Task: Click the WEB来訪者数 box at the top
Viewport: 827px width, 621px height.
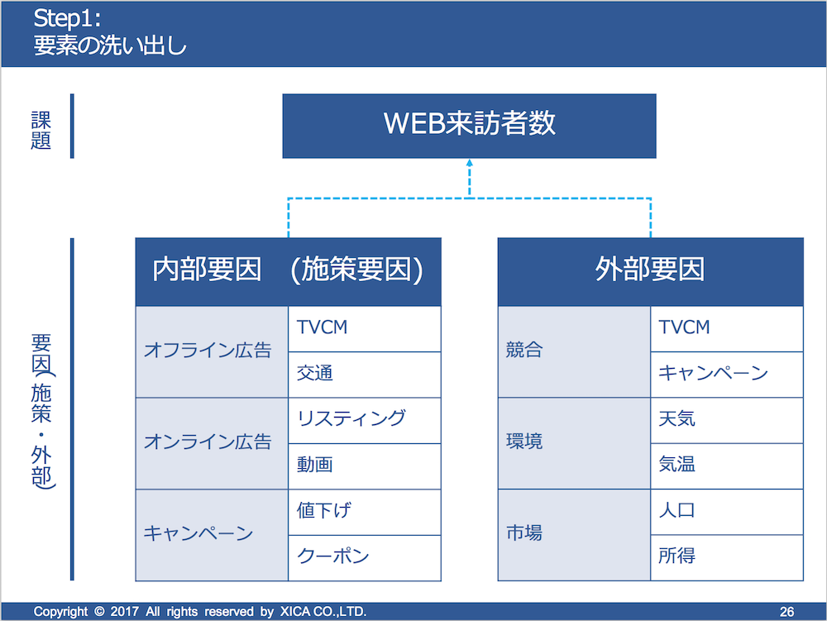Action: click(470, 126)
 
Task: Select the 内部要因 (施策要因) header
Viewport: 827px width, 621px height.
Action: click(288, 271)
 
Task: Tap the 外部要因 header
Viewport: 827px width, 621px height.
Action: click(650, 271)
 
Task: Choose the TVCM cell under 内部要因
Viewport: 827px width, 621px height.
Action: click(365, 329)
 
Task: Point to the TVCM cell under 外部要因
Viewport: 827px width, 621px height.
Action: click(727, 329)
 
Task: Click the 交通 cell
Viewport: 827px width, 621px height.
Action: click(365, 375)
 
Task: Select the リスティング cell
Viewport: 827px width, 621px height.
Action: click(365, 421)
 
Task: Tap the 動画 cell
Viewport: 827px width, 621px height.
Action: click(365, 466)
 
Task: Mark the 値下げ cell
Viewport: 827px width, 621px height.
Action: click(365, 513)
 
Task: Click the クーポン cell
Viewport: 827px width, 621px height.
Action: click(365, 558)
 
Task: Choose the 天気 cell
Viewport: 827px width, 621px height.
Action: click(727, 421)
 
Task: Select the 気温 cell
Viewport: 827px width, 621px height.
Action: click(727, 466)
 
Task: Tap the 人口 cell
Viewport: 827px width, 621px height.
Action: click(727, 513)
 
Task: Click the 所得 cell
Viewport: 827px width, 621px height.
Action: click(727, 558)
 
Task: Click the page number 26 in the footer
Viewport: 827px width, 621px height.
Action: click(786, 612)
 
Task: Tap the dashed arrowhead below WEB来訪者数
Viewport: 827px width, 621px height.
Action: click(470, 163)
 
